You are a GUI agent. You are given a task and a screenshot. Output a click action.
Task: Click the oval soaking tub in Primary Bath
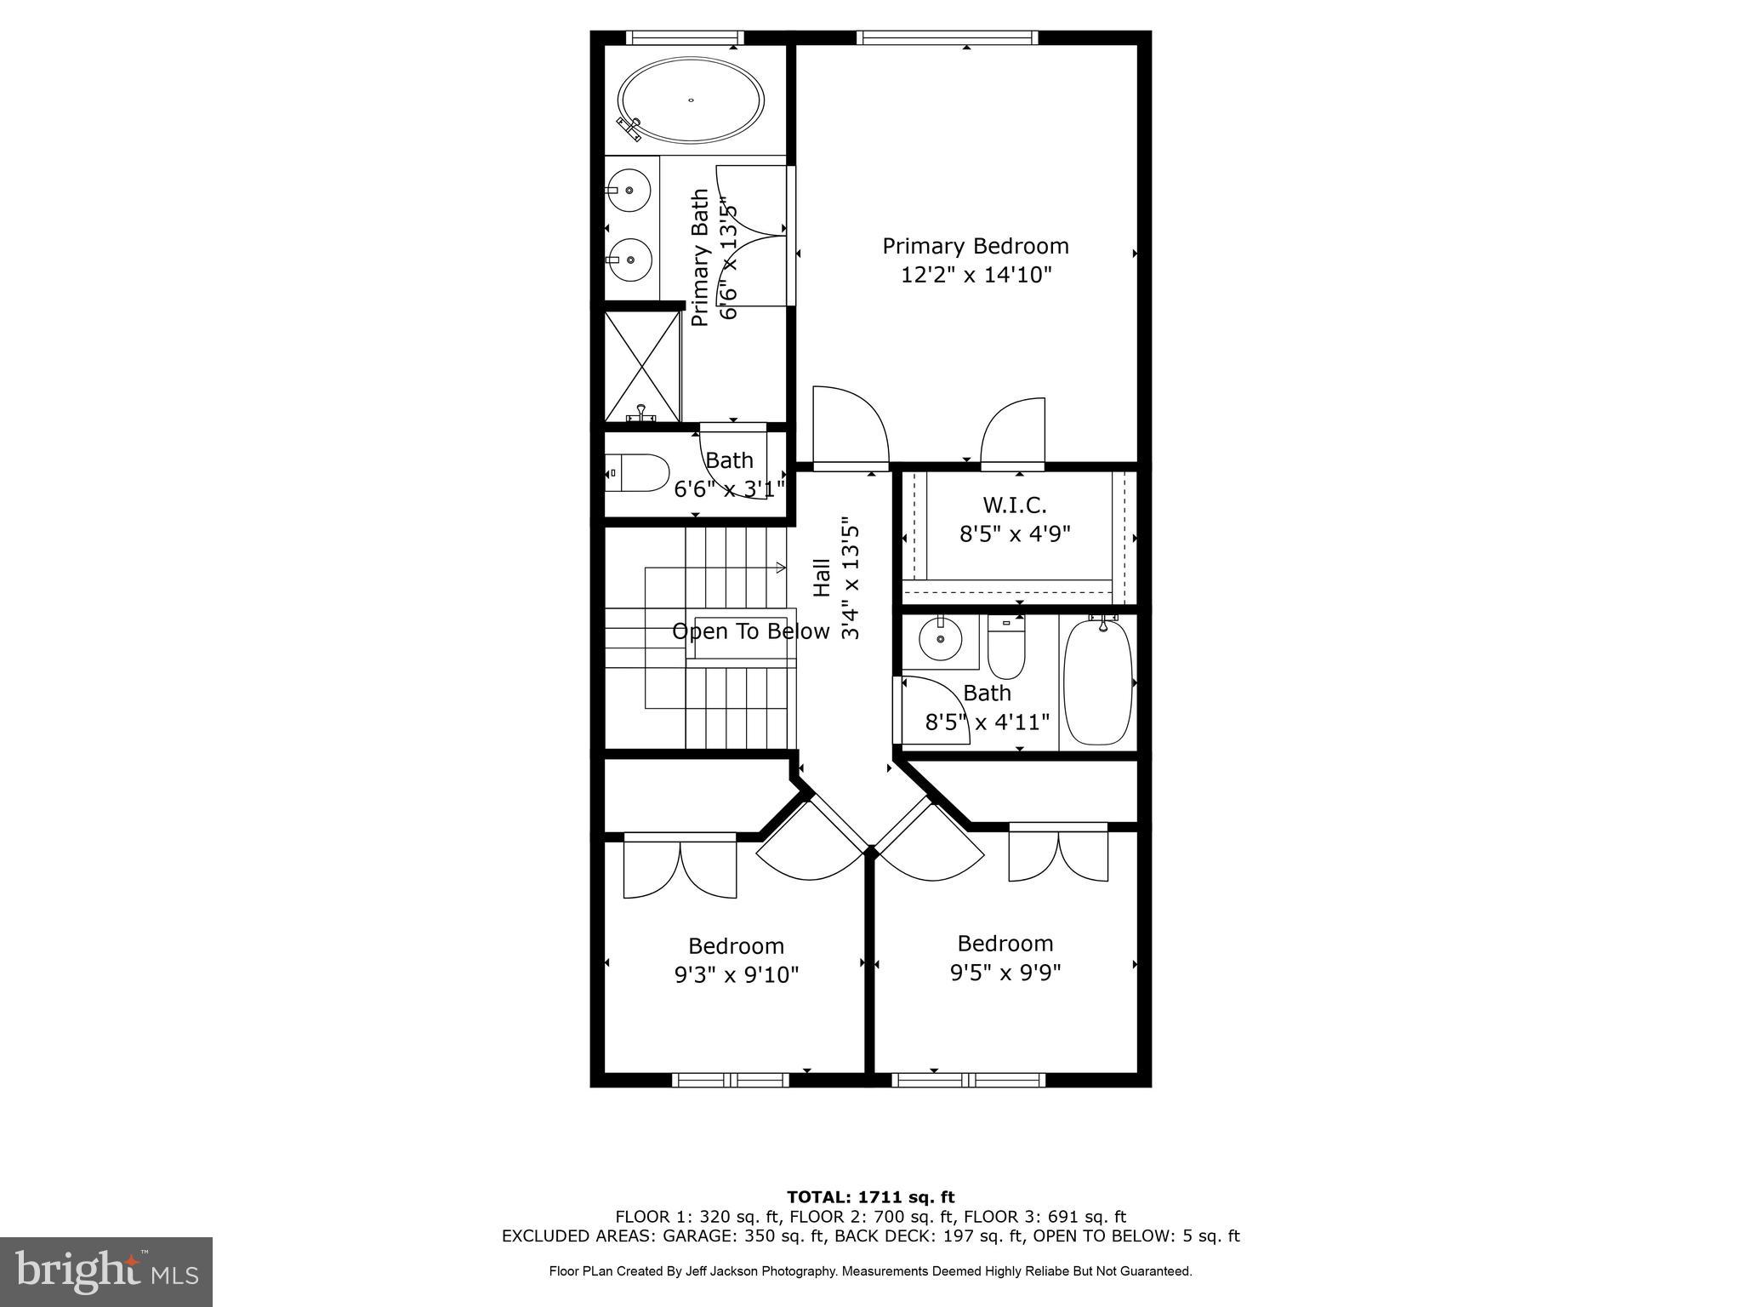tap(690, 100)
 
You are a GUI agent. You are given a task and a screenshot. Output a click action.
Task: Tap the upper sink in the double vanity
tap(629, 191)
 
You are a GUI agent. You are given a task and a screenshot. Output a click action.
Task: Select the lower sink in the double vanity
tap(629, 260)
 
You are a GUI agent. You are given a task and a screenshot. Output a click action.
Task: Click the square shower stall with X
tap(642, 366)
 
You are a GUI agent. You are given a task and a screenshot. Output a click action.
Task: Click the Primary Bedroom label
tap(975, 247)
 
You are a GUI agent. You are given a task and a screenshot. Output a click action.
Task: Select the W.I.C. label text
tap(1014, 505)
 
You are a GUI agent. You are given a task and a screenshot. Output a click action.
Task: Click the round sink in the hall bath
tap(940, 639)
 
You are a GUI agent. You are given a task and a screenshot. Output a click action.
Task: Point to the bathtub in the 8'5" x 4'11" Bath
tap(1098, 683)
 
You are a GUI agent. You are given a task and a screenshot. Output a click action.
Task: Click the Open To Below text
tap(750, 631)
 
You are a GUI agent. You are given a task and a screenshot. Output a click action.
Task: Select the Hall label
tap(822, 578)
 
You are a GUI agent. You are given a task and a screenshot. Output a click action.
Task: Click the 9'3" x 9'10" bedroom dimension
tap(737, 975)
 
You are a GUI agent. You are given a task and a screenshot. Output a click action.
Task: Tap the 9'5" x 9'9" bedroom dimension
tap(1005, 973)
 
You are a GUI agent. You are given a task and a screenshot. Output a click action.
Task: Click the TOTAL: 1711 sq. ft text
tap(870, 1198)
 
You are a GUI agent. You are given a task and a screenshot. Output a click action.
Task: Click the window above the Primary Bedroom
tap(948, 37)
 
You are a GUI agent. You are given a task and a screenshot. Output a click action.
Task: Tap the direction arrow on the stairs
tap(778, 568)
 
